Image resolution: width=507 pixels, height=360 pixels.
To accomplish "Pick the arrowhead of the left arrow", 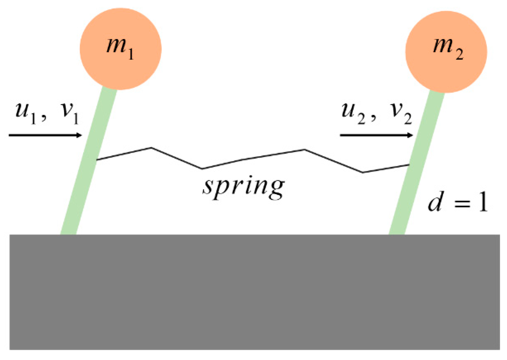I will click(79, 135).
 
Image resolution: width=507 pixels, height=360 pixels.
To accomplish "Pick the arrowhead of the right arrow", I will click(410, 135).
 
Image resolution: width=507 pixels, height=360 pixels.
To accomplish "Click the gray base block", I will click(254, 292).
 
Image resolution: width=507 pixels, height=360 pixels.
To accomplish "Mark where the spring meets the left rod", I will click(97, 160).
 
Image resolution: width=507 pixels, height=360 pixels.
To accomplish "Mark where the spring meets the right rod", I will click(409, 165).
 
